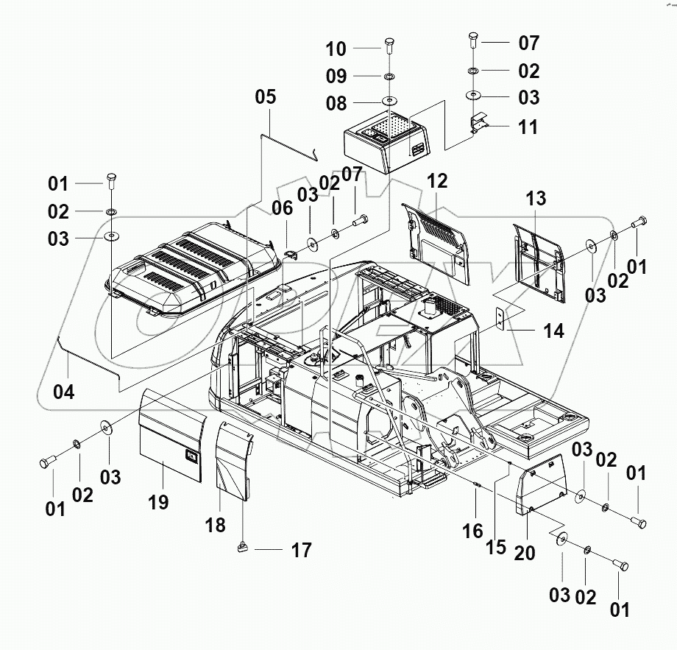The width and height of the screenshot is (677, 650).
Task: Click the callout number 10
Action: (336, 49)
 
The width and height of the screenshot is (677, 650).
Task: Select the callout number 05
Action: (266, 96)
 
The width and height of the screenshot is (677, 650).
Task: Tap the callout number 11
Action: (528, 127)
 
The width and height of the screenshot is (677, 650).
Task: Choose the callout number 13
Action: (536, 198)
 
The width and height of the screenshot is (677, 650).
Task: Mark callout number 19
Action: (158, 502)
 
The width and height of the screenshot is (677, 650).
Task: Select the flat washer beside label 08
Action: (387, 102)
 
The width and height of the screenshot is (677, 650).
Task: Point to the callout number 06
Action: (282, 209)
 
